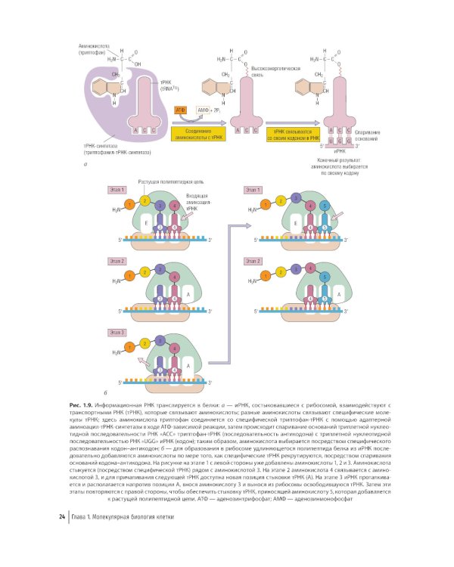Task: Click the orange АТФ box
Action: [181, 111]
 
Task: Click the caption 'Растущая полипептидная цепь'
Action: [170, 182]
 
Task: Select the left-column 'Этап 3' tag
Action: [118, 332]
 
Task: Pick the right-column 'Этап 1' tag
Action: [255, 190]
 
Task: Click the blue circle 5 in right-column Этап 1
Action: [325, 206]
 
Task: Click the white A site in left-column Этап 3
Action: [187, 364]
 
